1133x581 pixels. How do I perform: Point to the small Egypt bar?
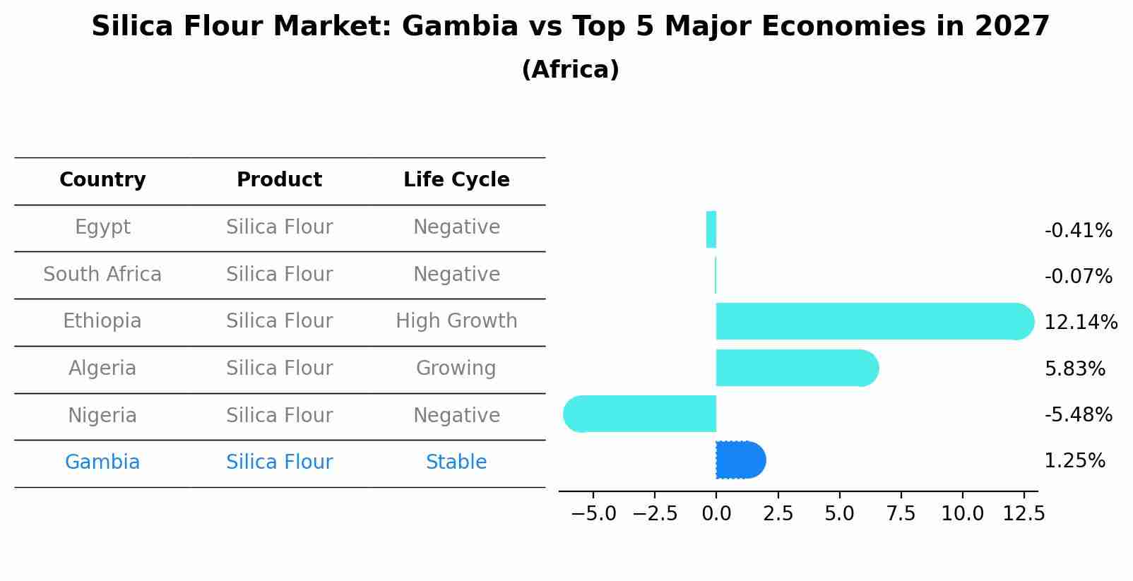(711, 229)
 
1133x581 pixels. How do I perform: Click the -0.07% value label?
(1078, 277)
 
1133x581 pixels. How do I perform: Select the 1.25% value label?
(1074, 461)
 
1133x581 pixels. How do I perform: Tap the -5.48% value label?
(1078, 414)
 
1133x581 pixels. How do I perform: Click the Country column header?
(102, 180)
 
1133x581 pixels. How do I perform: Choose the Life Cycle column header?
(456, 180)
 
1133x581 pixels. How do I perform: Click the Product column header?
(279, 180)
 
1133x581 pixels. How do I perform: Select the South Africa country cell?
(102, 275)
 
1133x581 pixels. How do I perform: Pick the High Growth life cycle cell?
(456, 321)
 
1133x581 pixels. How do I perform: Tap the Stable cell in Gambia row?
(456, 462)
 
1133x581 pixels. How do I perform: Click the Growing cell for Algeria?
(456, 369)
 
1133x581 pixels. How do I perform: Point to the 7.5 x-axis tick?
(901, 514)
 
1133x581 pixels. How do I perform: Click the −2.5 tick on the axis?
(655, 514)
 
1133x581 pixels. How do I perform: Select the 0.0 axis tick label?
(716, 514)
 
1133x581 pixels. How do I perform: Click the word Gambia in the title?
(461, 27)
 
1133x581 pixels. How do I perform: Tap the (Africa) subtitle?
(570, 70)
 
